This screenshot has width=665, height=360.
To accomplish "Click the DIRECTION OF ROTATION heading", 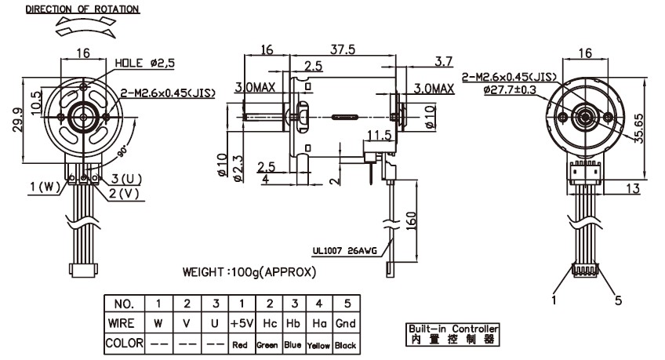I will [82, 9].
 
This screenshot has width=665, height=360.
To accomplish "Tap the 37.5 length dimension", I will [343, 49].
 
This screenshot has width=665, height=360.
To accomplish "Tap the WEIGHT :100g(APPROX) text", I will [249, 273].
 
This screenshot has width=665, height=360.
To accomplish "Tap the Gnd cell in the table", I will [346, 323].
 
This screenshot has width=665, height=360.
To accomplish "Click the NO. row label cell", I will [124, 304].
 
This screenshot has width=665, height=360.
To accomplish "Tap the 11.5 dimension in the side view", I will [379, 136].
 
